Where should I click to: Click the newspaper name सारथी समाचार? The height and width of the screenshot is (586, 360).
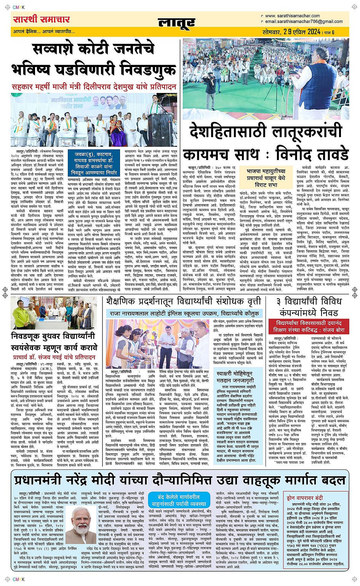click(41, 19)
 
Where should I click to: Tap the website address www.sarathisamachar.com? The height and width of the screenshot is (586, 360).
click(292, 16)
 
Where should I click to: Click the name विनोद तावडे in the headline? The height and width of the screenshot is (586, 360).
click(312, 155)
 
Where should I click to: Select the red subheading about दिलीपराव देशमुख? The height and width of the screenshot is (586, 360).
click(94, 87)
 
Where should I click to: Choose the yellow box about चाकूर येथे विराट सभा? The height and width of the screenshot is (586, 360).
click(266, 178)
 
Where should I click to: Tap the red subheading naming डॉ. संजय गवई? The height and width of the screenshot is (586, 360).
click(54, 357)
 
